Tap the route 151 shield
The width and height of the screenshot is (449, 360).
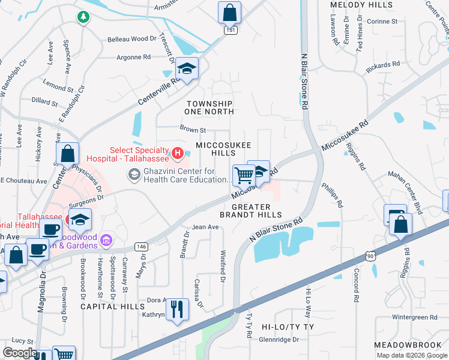229,29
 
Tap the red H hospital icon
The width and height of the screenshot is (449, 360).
177,154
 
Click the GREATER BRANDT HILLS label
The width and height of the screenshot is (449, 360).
251,211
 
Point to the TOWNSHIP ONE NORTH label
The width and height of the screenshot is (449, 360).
209,108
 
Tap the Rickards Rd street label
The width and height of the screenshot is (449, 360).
384,65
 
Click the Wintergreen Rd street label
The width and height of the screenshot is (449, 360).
414,317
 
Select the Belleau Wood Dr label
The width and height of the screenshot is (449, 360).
131,39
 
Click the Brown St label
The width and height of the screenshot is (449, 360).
193,129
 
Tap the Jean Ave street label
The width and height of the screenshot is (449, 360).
205,227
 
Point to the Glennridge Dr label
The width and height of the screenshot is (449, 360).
279,339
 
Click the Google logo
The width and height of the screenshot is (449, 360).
20,353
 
